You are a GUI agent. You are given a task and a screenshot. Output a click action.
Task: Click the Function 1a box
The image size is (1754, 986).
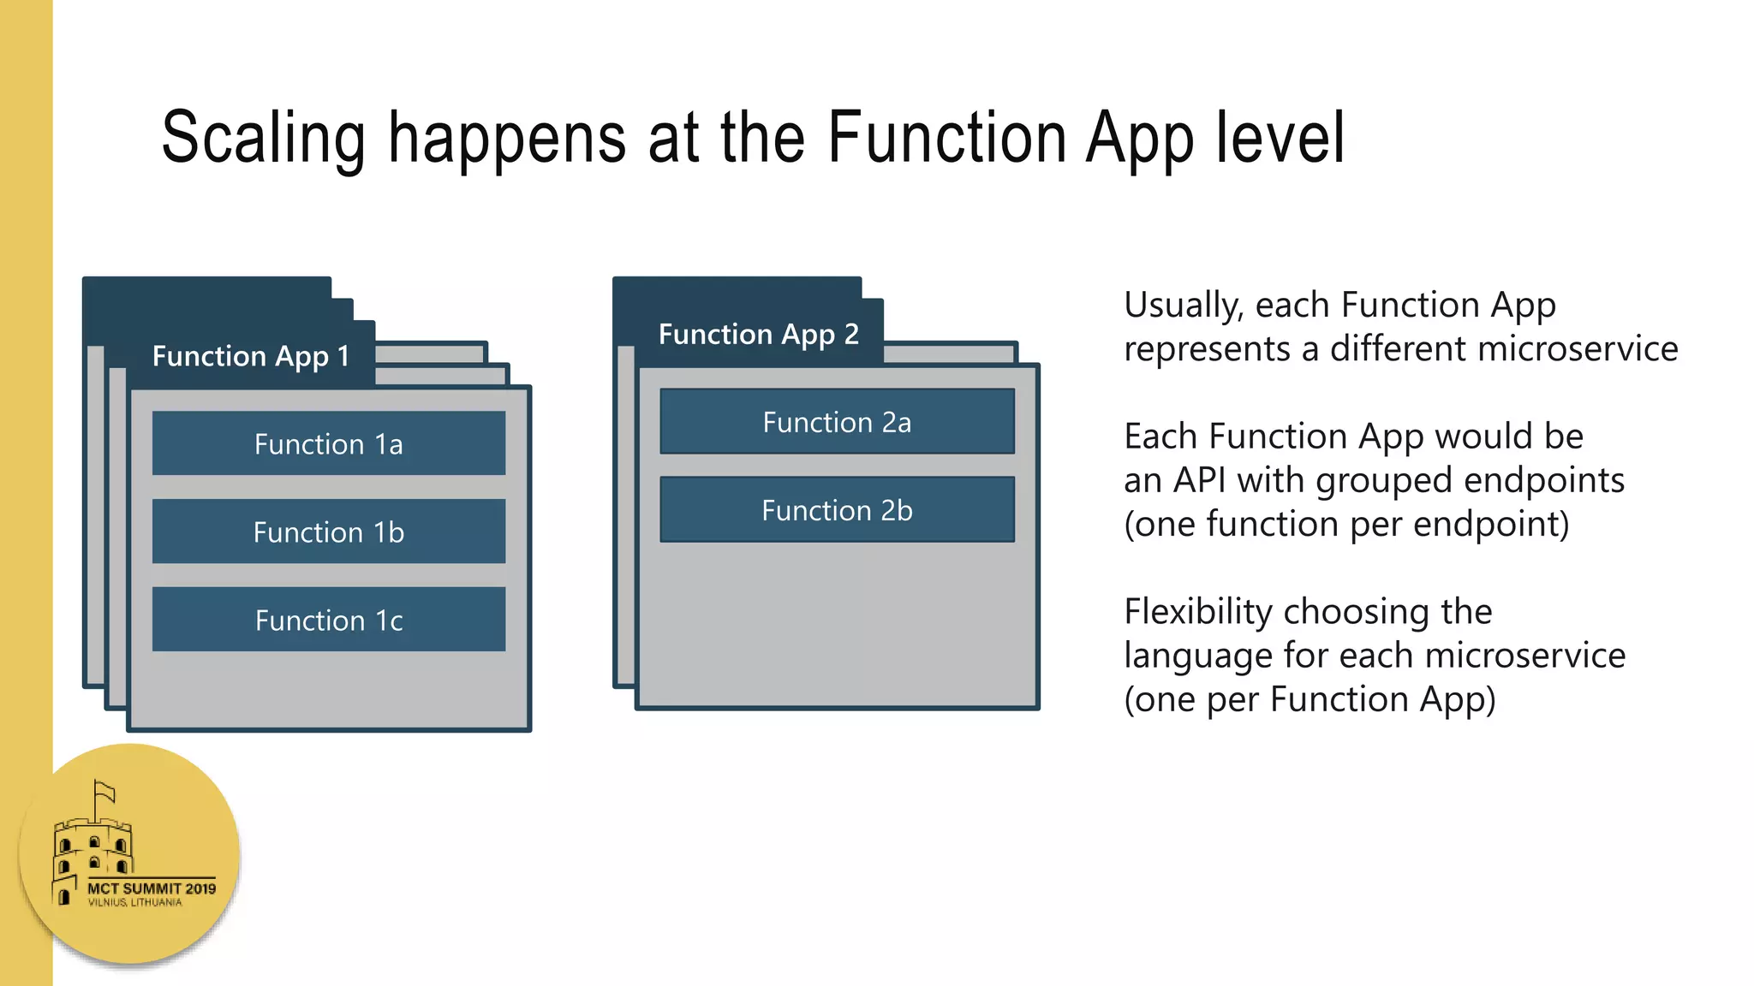[x=329, y=443]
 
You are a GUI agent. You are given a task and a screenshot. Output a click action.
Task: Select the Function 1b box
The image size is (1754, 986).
[x=329, y=532]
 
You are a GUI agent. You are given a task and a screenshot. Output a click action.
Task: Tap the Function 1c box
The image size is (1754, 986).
[x=329, y=620]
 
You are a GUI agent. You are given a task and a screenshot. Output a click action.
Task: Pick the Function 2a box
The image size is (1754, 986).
[x=837, y=422]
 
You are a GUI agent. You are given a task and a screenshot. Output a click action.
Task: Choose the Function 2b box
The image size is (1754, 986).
[x=837, y=510]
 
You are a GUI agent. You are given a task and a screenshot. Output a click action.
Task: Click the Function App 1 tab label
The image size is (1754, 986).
[x=250, y=356]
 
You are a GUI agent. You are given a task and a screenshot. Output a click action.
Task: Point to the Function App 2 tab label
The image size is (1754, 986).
[x=758, y=334]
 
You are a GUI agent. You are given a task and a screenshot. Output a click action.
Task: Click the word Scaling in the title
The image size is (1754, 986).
[x=264, y=139]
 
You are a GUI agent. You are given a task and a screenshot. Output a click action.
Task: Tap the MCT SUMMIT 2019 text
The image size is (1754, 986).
[x=152, y=888]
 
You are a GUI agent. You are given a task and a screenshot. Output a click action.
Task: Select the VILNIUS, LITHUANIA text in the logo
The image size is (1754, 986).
[x=134, y=902]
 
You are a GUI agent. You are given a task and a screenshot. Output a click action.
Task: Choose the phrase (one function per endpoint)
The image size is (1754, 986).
[x=1346, y=524]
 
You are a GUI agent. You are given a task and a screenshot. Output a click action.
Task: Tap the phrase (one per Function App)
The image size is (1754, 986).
[x=1310, y=699]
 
